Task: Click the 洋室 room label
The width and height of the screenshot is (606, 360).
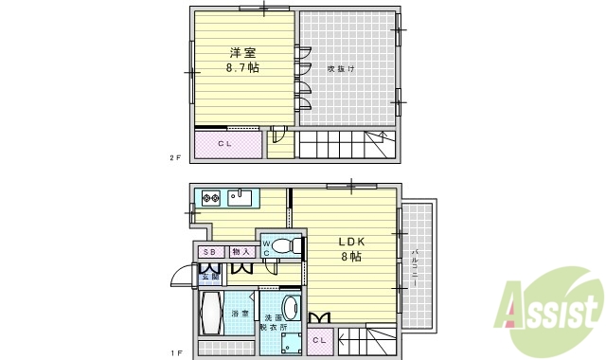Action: pos(243,53)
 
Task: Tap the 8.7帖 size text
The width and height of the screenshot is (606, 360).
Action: pos(243,68)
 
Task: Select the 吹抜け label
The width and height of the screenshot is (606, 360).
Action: pos(341,68)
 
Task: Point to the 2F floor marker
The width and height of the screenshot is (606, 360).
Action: pos(175,158)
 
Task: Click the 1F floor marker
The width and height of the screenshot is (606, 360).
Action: pos(175,351)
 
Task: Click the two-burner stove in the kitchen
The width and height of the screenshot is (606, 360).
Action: pos(210,199)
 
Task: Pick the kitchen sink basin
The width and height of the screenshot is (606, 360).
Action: pos(241,198)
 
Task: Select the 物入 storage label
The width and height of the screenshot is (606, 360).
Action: pos(240,252)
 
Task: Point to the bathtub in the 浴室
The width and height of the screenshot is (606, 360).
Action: pos(211,313)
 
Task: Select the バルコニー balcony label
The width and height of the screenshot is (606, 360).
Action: pos(417,264)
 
